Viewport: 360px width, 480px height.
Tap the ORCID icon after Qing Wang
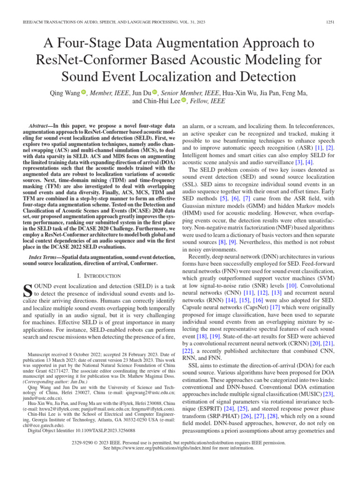pyautogui.click(x=84, y=92)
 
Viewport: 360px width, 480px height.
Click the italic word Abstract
pyautogui.click(x=40, y=127)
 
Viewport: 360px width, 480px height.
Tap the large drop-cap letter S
pyautogui.click(x=28, y=290)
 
